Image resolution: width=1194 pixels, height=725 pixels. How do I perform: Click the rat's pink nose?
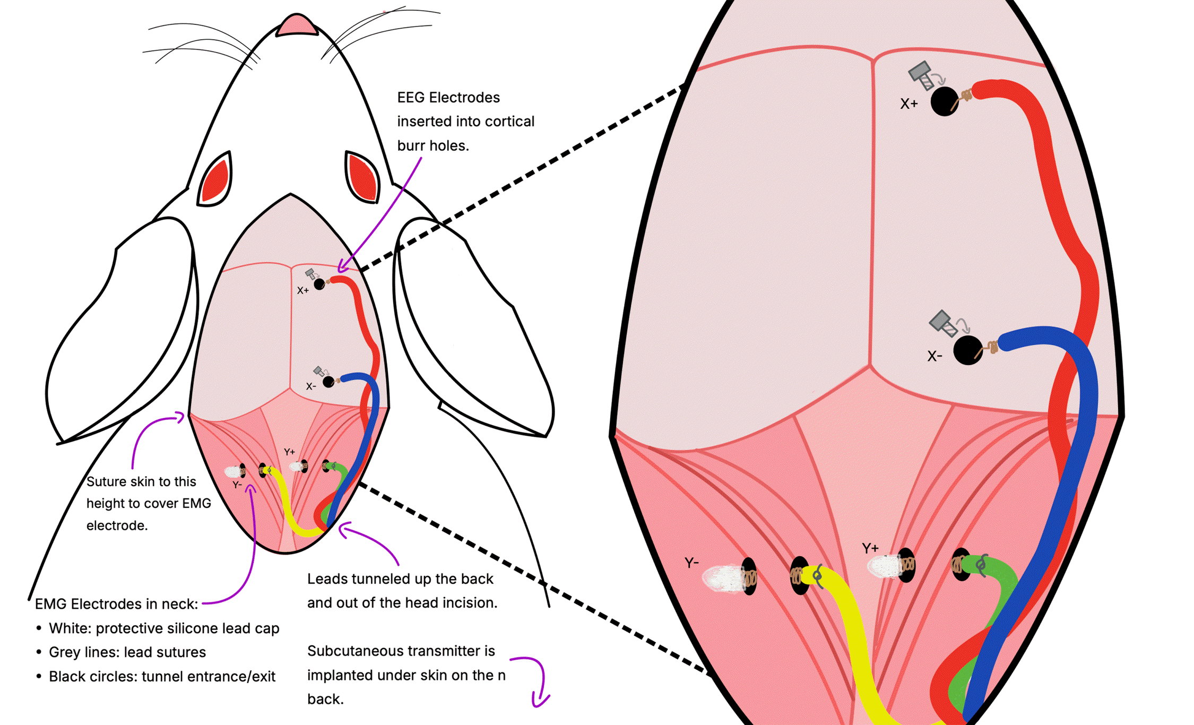pyautogui.click(x=297, y=25)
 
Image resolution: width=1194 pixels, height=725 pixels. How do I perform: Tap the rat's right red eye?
pyautogui.click(x=363, y=177)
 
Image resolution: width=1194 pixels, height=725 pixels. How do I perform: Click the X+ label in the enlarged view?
pyautogui.click(x=909, y=104)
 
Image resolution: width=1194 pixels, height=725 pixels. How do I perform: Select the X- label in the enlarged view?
pyautogui.click(x=935, y=356)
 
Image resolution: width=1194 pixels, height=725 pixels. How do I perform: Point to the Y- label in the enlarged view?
pyautogui.click(x=691, y=563)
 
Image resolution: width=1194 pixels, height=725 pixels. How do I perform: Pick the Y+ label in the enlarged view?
pyautogui.click(x=870, y=548)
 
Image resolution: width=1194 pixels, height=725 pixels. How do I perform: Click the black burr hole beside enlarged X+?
pyautogui.click(x=944, y=101)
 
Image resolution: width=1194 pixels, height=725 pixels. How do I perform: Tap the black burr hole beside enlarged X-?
pyautogui.click(x=967, y=350)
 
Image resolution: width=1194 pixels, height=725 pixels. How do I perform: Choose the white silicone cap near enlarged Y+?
pyautogui.click(x=885, y=566)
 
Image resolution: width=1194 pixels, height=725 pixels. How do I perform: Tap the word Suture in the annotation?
pyautogui.click(x=104, y=481)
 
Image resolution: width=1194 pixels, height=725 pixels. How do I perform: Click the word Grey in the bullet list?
pyautogui.click(x=65, y=652)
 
